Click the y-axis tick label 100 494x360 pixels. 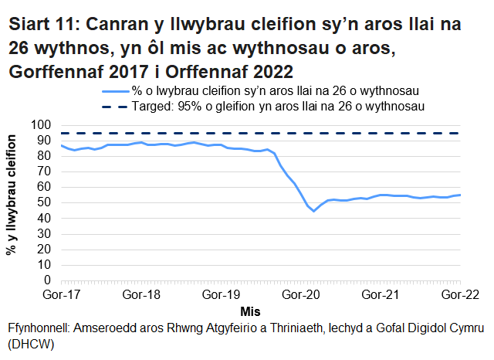click(41, 125)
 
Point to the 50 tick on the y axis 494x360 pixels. click(44, 203)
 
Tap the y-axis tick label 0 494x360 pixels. click(47, 280)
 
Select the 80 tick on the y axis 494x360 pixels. click(44, 156)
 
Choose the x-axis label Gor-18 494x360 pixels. click(140, 295)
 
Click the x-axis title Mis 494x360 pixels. click(249, 311)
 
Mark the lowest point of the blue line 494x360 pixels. click(314, 211)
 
